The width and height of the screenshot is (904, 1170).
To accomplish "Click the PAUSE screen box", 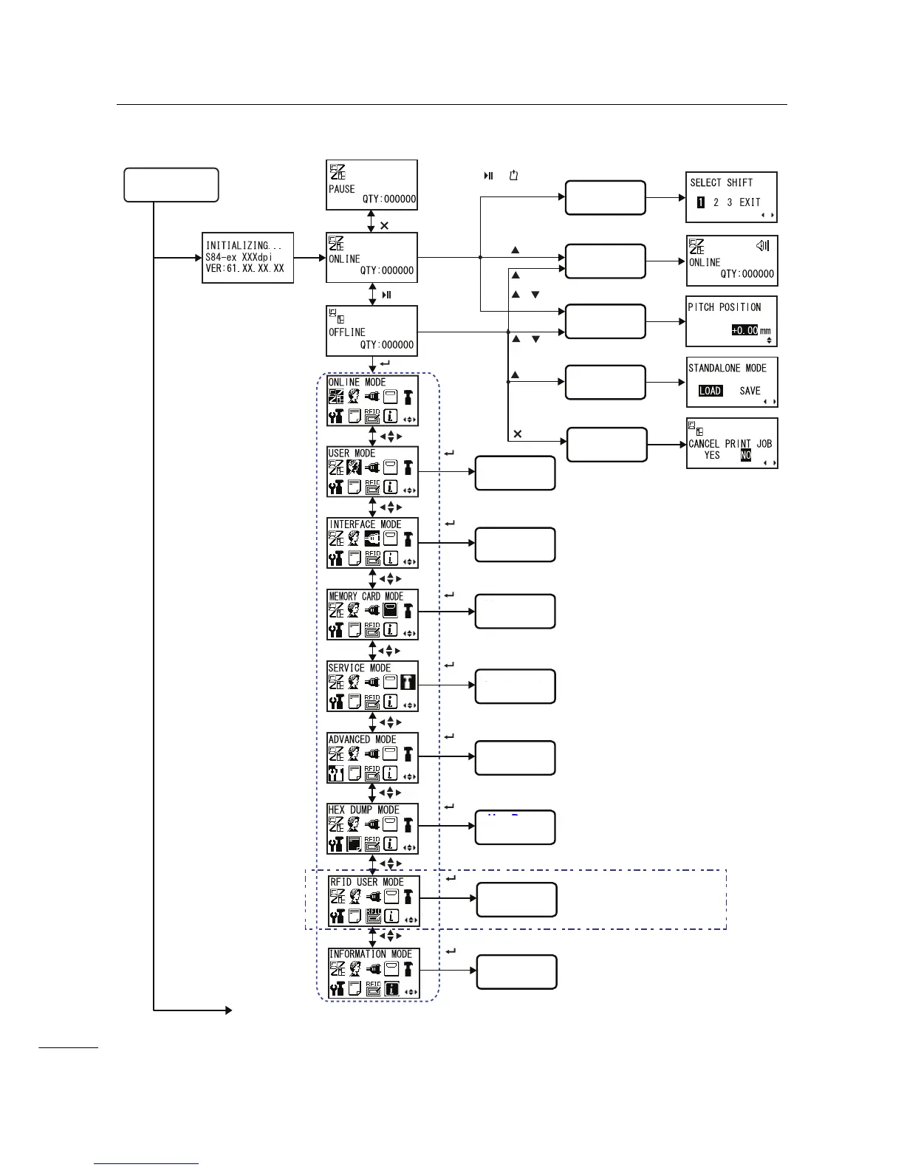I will pyautogui.click(x=371, y=185).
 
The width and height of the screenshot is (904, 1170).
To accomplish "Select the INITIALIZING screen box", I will pyautogui.click(x=247, y=258).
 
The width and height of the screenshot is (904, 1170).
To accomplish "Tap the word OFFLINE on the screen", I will pyautogui.click(x=347, y=332).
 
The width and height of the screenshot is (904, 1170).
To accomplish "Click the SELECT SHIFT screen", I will pyautogui.click(x=731, y=196).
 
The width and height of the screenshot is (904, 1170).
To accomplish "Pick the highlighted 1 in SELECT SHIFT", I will pyautogui.click(x=701, y=202).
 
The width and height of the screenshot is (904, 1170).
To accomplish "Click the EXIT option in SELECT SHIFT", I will pyautogui.click(x=750, y=202).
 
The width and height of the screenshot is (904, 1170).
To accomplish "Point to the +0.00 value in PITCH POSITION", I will pyautogui.click(x=744, y=330).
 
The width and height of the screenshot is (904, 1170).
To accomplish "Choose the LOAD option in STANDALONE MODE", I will pyautogui.click(x=710, y=391).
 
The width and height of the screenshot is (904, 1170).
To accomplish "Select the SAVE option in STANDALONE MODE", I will pyautogui.click(x=750, y=391).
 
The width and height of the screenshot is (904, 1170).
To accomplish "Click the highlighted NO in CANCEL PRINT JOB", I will pyautogui.click(x=746, y=455).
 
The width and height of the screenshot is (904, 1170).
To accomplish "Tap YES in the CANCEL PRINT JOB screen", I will pyautogui.click(x=712, y=455).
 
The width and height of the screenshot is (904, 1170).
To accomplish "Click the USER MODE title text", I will pyautogui.click(x=352, y=453).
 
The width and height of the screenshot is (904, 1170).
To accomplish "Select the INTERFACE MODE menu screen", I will pyautogui.click(x=372, y=543).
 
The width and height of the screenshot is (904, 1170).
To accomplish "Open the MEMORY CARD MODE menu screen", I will pyautogui.click(x=372, y=615).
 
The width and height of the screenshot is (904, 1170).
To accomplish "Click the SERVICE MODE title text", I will pyautogui.click(x=359, y=668).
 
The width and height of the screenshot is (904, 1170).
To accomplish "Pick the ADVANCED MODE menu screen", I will pyautogui.click(x=372, y=758).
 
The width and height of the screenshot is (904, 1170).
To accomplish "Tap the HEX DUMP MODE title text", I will pyautogui.click(x=363, y=810).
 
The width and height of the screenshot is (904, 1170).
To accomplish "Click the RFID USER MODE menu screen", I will pyautogui.click(x=374, y=901).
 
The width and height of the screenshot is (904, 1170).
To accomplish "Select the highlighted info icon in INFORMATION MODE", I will pyautogui.click(x=391, y=988).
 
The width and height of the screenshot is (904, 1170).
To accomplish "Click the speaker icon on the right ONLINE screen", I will pyautogui.click(x=762, y=246).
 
